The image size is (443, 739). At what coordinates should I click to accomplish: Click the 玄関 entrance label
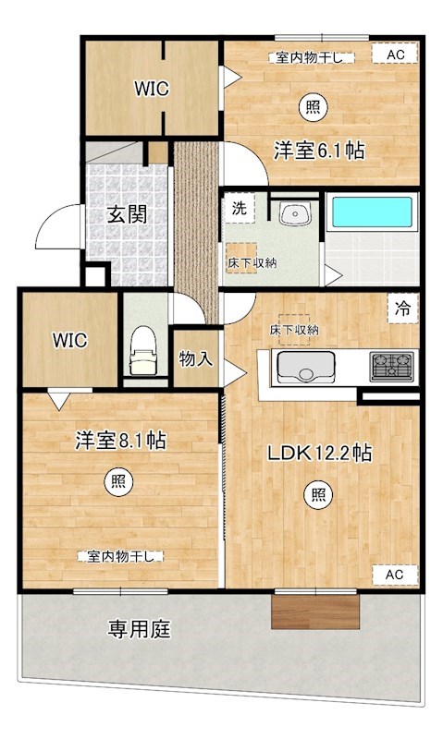(127, 214)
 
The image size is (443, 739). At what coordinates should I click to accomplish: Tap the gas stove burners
(392, 367)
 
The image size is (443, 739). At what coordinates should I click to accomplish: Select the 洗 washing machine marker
(239, 209)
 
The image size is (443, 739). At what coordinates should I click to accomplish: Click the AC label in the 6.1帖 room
(396, 55)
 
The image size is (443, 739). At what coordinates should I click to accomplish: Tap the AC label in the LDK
(395, 575)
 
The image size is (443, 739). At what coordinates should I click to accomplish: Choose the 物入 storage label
(196, 358)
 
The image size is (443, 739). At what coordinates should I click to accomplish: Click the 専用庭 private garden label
(140, 631)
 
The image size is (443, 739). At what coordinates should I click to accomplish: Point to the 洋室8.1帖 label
(120, 441)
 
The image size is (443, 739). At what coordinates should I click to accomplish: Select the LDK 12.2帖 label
(320, 454)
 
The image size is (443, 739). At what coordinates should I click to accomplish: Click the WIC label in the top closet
(151, 89)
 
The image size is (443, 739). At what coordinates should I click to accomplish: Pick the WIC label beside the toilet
(69, 339)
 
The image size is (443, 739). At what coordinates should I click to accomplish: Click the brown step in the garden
(315, 612)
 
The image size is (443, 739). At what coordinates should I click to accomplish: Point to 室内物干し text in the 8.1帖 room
(121, 556)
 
